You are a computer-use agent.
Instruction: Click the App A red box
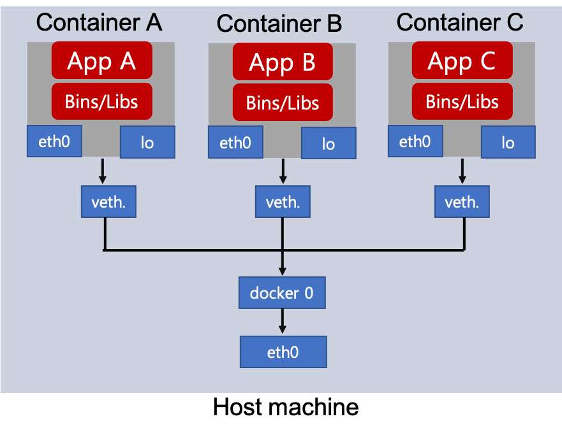pyautogui.click(x=102, y=60)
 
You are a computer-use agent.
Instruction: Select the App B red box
pyautogui.click(x=283, y=62)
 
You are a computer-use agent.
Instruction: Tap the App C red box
pyautogui.click(x=462, y=61)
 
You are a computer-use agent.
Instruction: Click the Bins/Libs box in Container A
pyautogui.click(x=102, y=101)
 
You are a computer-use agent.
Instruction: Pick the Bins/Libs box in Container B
pyautogui.click(x=283, y=103)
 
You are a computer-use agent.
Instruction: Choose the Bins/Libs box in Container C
pyautogui.click(x=462, y=101)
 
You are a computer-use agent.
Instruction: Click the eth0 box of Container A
pyautogui.click(x=54, y=141)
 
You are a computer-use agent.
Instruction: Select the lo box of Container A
pyautogui.click(x=147, y=142)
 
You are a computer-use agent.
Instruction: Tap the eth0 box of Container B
pyautogui.click(x=235, y=143)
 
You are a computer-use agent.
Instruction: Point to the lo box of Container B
pyautogui.click(x=329, y=143)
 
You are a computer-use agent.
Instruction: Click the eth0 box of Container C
pyautogui.click(x=415, y=141)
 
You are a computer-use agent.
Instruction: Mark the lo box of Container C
pyautogui.click(x=508, y=142)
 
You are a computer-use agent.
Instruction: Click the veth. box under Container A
pyautogui.click(x=108, y=202)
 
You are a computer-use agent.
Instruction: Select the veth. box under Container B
pyautogui.click(x=283, y=202)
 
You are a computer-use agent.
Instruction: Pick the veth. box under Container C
pyautogui.click(x=462, y=202)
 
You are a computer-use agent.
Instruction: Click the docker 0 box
pyautogui.click(x=282, y=293)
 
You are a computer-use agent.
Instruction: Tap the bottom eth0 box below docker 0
pyautogui.click(x=283, y=352)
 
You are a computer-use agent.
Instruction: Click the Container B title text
pyautogui.click(x=279, y=24)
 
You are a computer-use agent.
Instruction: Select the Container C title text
pyautogui.click(x=460, y=22)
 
